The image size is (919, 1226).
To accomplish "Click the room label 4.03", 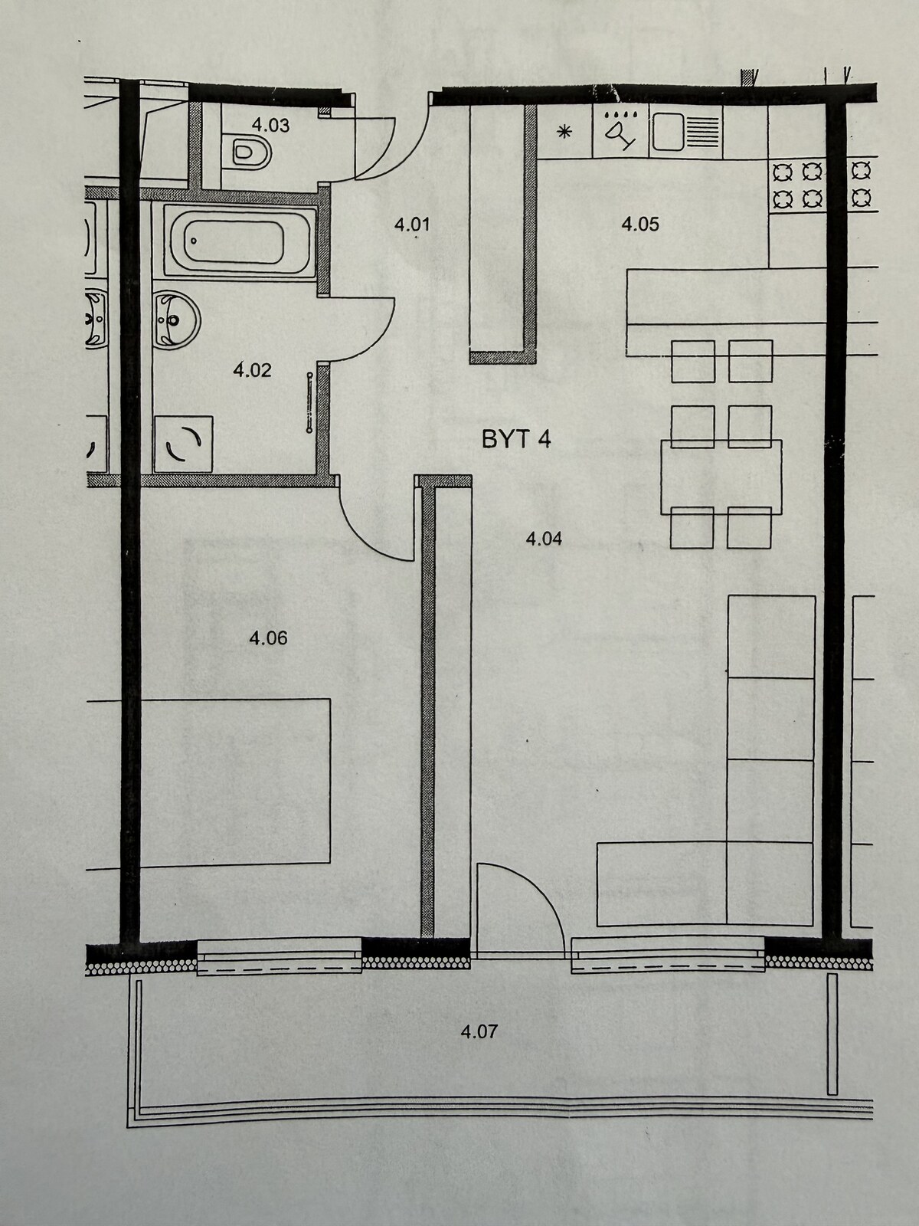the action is click(x=270, y=125).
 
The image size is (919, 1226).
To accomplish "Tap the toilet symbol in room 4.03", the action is click(x=252, y=152).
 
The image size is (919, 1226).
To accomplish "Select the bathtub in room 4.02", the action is click(x=240, y=241).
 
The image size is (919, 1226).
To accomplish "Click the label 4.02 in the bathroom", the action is click(x=252, y=370).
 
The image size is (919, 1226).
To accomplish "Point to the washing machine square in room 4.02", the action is click(x=184, y=444).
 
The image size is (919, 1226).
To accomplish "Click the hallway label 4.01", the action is click(x=412, y=225).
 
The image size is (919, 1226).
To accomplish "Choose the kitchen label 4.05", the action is click(x=640, y=224).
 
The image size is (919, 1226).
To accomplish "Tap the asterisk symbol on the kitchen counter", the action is click(x=564, y=133).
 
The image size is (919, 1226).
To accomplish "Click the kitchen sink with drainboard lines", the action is click(x=685, y=132).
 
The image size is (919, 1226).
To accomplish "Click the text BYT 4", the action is click(x=516, y=440).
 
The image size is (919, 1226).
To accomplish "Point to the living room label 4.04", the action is click(x=544, y=539).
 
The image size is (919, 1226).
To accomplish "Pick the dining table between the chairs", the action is click(x=721, y=477).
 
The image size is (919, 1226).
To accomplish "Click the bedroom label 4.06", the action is click(x=268, y=638).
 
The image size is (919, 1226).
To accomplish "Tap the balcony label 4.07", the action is click(x=479, y=1031).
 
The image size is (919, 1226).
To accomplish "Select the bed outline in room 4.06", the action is click(x=235, y=783).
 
